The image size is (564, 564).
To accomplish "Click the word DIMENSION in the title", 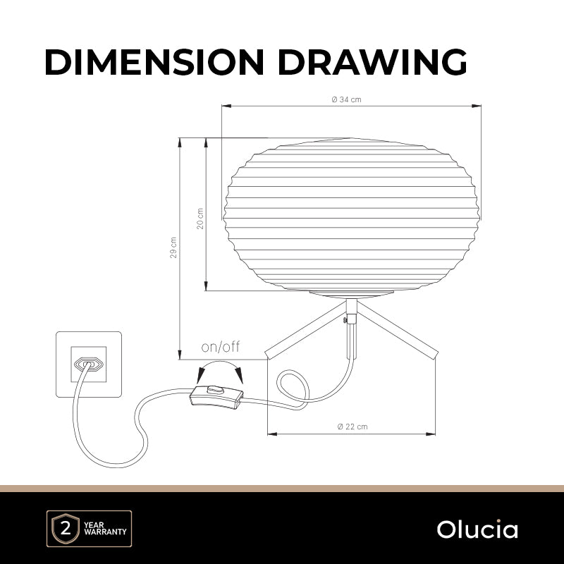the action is [x=154, y=62].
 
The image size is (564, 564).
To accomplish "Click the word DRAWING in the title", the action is [x=372, y=62].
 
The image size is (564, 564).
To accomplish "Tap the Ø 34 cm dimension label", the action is [x=346, y=99].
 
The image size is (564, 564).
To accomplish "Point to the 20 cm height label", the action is [x=200, y=219].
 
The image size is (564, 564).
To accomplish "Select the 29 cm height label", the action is [x=173, y=247].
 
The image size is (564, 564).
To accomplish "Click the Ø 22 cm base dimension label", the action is [x=352, y=427].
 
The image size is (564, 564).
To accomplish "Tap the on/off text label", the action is [x=221, y=347].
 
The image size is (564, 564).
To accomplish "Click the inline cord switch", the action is [x=216, y=397].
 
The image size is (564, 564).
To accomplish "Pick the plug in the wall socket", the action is [x=89, y=364].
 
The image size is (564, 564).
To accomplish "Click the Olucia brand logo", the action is [x=477, y=529].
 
